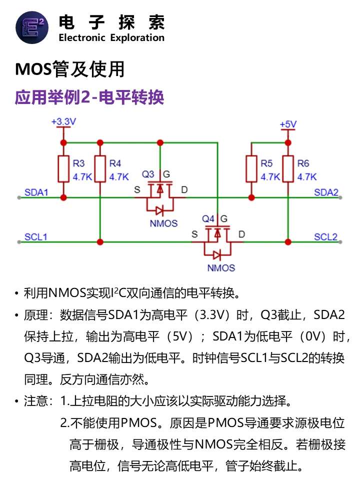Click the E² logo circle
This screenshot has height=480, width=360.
32,27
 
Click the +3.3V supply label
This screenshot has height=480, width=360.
63,121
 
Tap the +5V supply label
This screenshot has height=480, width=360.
288,124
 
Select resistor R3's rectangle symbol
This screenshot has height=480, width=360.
63,169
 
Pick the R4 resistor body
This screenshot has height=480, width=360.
100,169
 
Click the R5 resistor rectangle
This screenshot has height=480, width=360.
251,169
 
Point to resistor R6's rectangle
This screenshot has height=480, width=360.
288,169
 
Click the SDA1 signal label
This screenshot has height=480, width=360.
36,192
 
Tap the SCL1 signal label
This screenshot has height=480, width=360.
36,237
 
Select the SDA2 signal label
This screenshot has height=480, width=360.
326,192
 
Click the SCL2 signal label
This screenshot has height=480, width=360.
325,237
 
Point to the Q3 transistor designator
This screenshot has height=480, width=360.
148,174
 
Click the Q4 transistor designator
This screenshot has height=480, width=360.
208,218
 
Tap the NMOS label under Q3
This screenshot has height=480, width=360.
164,223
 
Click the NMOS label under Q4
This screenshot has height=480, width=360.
221,268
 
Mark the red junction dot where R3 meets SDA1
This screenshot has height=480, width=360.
63,197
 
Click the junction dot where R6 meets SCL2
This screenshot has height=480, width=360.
288,242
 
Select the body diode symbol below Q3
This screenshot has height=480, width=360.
159,210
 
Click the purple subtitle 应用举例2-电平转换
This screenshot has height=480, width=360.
89,97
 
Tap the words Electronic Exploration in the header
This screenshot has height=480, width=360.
111,37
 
